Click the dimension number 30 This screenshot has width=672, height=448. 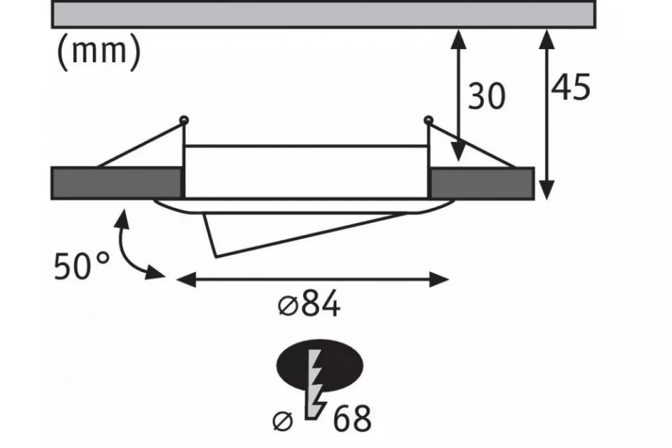click(487, 97)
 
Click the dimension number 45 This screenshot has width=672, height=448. click(571, 88)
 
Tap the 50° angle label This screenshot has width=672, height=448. click(82, 266)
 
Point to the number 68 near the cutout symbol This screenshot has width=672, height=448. click(352, 418)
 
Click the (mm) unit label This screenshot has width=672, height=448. click(98, 54)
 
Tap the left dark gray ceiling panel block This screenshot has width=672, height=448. click(116, 183)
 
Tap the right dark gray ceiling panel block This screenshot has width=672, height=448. click(482, 183)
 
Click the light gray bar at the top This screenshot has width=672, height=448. click(323, 13)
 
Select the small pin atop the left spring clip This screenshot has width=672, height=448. click(183, 119)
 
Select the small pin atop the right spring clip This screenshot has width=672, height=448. click(428, 119)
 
